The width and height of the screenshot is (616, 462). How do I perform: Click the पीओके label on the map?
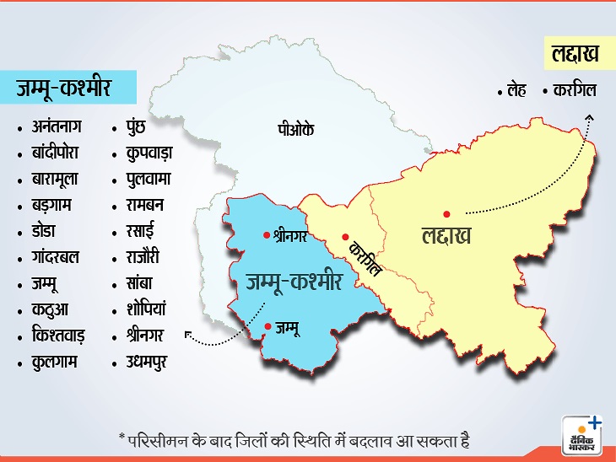tap(295, 130)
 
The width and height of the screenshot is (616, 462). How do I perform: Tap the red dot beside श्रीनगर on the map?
tap(267, 230)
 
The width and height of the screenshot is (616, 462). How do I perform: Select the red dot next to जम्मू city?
tap(267, 326)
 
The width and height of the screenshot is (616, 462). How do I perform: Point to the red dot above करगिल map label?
tap(344, 236)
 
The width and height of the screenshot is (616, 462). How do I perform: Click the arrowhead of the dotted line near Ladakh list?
tap(588, 116)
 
